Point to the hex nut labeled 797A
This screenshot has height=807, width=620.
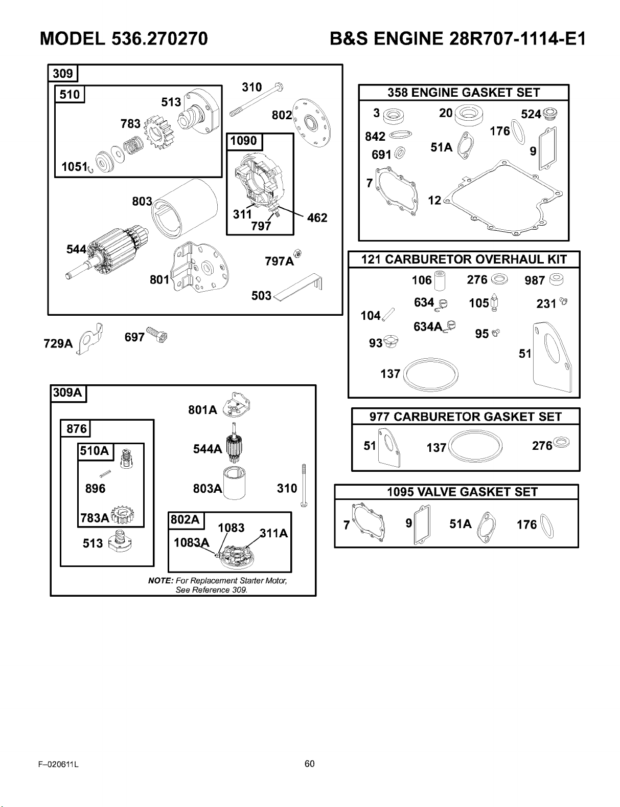297,253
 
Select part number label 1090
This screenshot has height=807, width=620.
244,141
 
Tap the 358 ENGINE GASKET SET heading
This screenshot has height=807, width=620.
464,93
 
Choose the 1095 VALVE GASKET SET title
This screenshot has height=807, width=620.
462,492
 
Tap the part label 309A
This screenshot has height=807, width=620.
67,392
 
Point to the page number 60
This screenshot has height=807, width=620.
310,764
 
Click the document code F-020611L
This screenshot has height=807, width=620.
58,765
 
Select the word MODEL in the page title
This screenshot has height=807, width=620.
73,38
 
